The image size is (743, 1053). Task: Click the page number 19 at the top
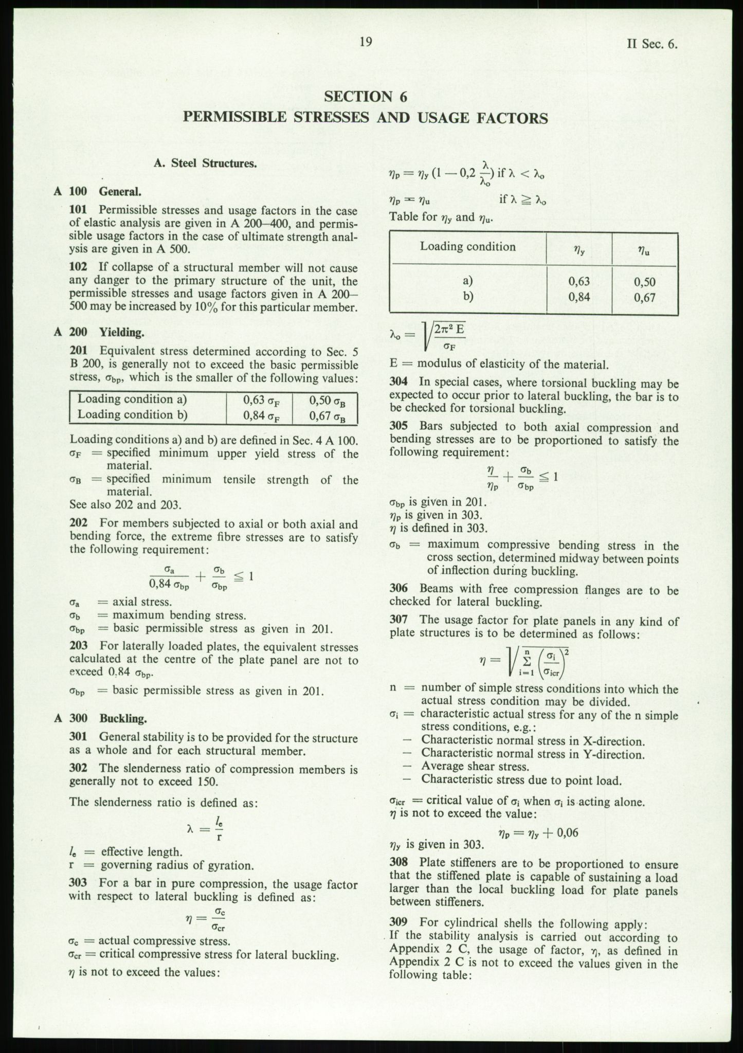click(x=366, y=42)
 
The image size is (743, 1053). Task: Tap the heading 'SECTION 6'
click(x=366, y=96)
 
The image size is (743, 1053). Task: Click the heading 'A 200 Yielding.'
click(x=99, y=332)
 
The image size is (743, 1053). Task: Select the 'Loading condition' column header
click(x=467, y=246)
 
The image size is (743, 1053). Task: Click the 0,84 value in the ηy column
click(x=579, y=297)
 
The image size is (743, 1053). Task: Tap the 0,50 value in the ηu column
click(x=645, y=282)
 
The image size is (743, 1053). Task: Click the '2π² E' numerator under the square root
click(x=449, y=328)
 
